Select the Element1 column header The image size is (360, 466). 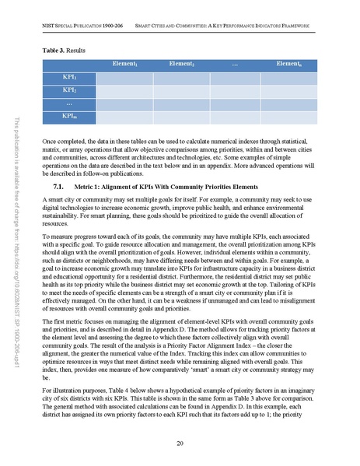click(126, 63)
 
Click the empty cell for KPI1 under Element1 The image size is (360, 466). click(126, 77)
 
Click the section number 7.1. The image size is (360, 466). click(58, 187)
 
